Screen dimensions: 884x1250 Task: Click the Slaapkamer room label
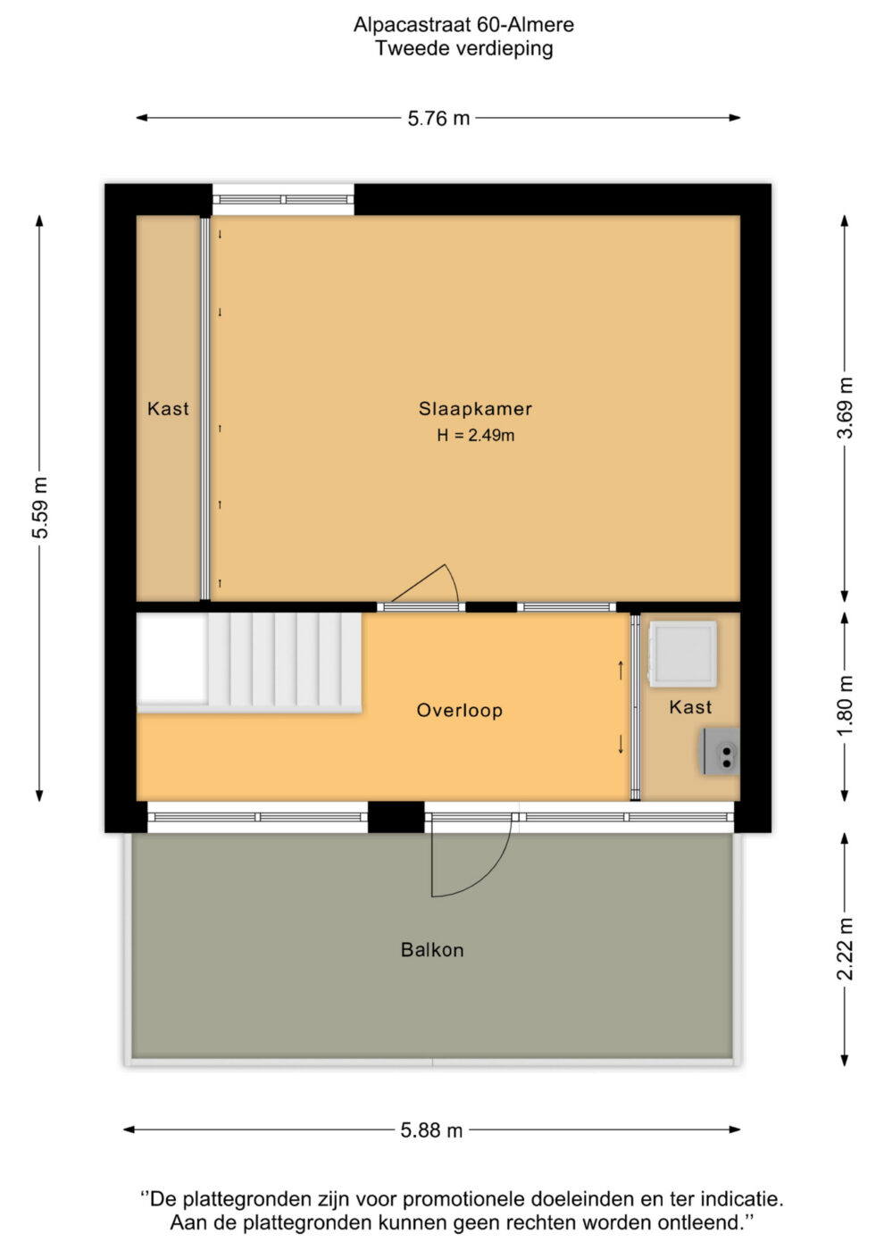(475, 409)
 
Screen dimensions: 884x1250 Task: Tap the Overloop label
(459, 710)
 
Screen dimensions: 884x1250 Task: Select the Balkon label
(432, 949)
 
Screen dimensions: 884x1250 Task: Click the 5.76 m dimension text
(438, 118)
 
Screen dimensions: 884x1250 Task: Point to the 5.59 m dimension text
(41, 507)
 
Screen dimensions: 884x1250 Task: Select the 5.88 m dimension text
(431, 1130)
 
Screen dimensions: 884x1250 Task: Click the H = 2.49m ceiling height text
(475, 436)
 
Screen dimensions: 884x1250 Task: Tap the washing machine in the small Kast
(682, 654)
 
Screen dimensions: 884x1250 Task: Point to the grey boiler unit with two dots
(720, 751)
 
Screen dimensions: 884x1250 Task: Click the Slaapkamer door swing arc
(454, 580)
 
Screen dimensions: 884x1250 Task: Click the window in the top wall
(283, 199)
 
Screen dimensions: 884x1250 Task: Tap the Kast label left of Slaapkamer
(168, 409)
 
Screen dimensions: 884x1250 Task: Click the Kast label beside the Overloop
(690, 707)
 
